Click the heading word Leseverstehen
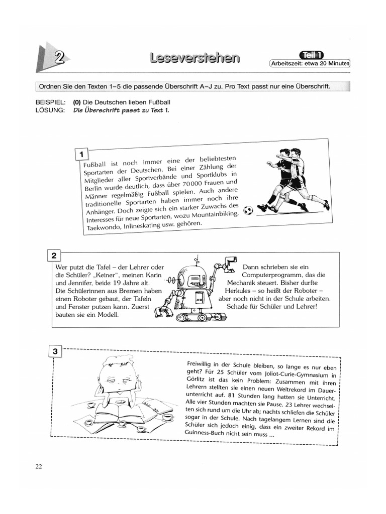pos(194,59)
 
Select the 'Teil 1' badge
pos(311,55)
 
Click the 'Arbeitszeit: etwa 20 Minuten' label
pos(310,64)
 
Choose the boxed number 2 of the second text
pos(54,256)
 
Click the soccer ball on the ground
pos(248,210)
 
